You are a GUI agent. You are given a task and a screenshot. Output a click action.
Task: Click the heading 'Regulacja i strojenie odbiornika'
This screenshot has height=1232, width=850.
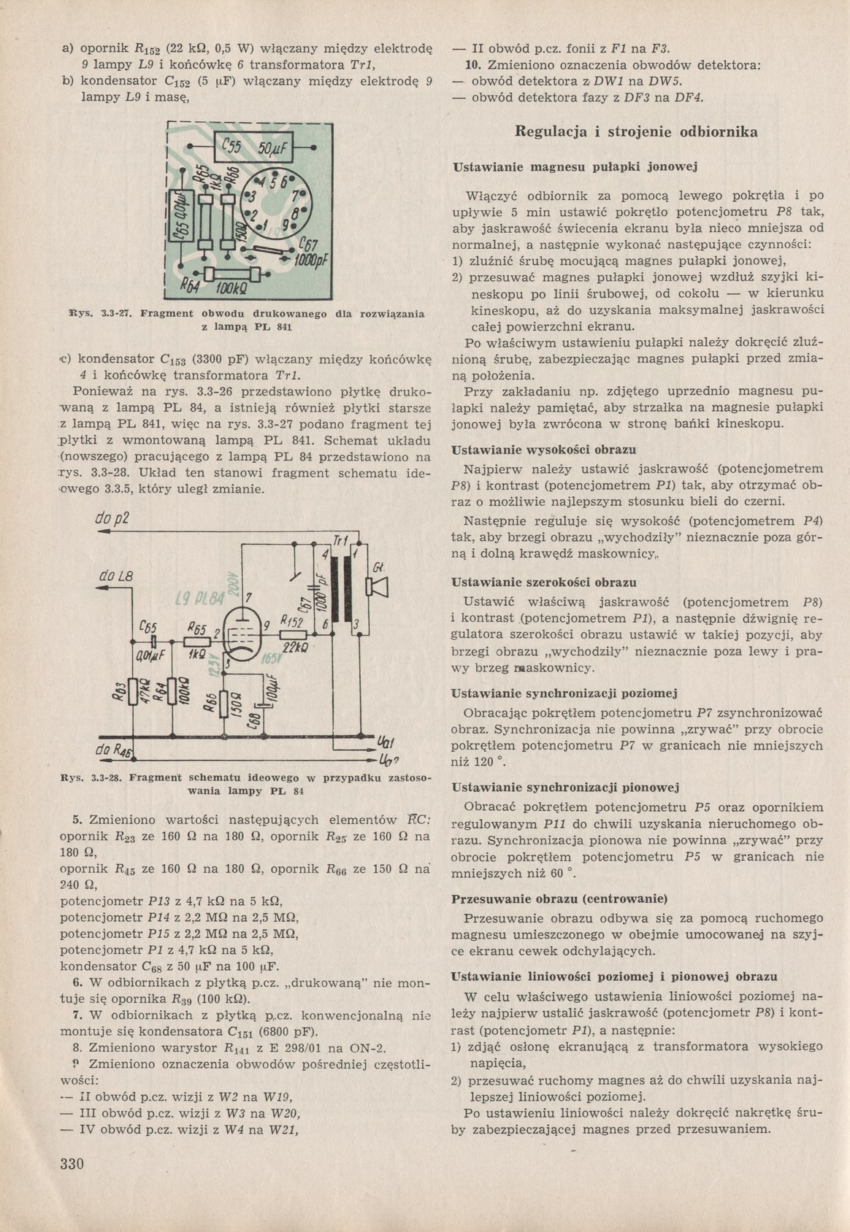636,132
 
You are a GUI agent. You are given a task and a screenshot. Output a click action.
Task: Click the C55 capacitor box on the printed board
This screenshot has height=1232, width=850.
252,149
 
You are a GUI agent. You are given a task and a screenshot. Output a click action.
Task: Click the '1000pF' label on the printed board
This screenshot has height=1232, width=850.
310,261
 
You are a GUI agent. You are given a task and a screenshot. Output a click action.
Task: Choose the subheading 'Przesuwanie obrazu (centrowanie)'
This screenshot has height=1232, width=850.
560,898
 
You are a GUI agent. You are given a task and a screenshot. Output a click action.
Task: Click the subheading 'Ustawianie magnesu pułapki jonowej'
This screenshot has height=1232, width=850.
575,167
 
